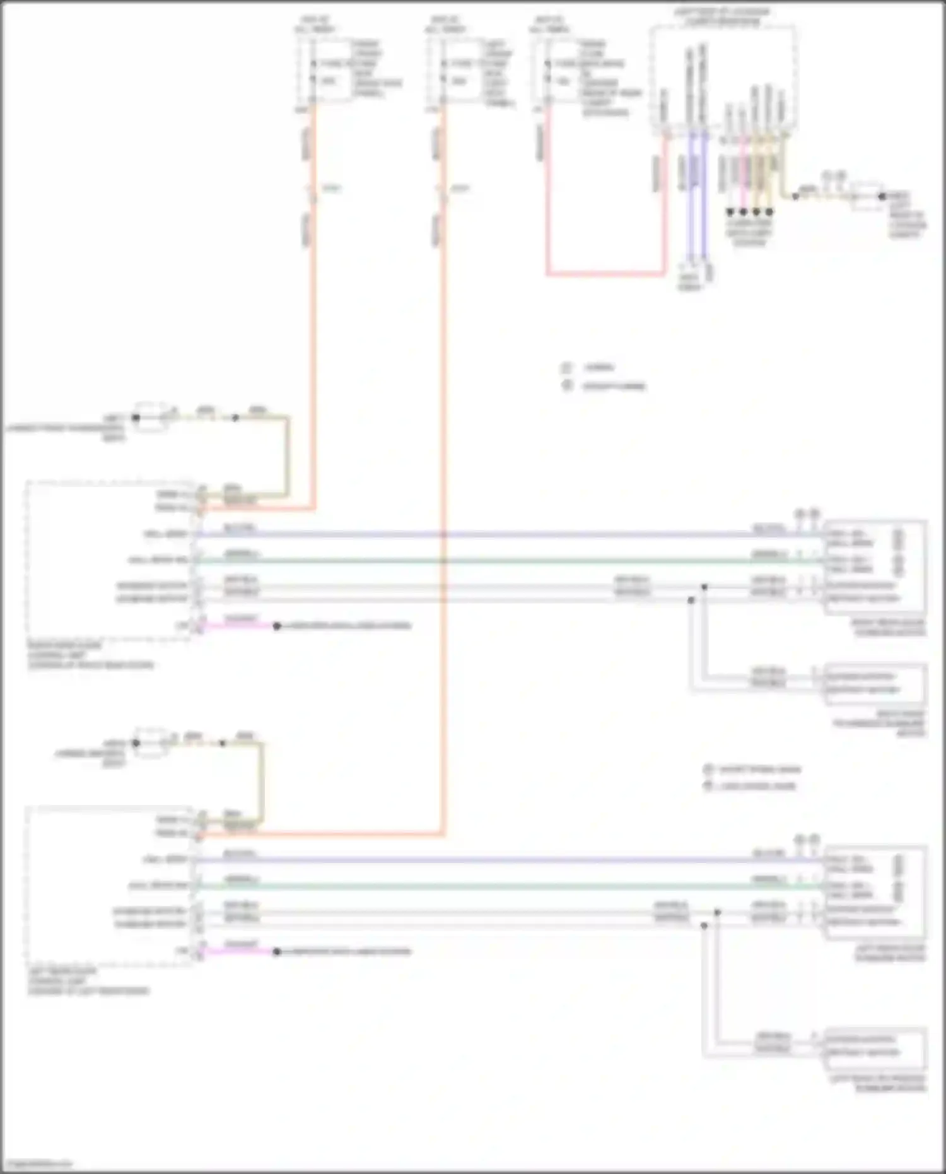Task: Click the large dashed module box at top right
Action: point(722,79)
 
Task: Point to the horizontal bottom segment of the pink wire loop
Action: point(605,274)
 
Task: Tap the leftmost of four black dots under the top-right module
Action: point(730,212)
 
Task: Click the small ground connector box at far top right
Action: point(866,196)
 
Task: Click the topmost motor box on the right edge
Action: point(875,566)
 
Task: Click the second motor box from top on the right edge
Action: point(875,683)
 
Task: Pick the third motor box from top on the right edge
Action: point(875,891)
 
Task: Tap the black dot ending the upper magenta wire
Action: point(276,626)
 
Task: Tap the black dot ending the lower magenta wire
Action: point(276,951)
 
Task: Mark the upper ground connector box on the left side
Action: point(150,417)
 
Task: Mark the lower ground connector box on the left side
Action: point(150,743)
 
